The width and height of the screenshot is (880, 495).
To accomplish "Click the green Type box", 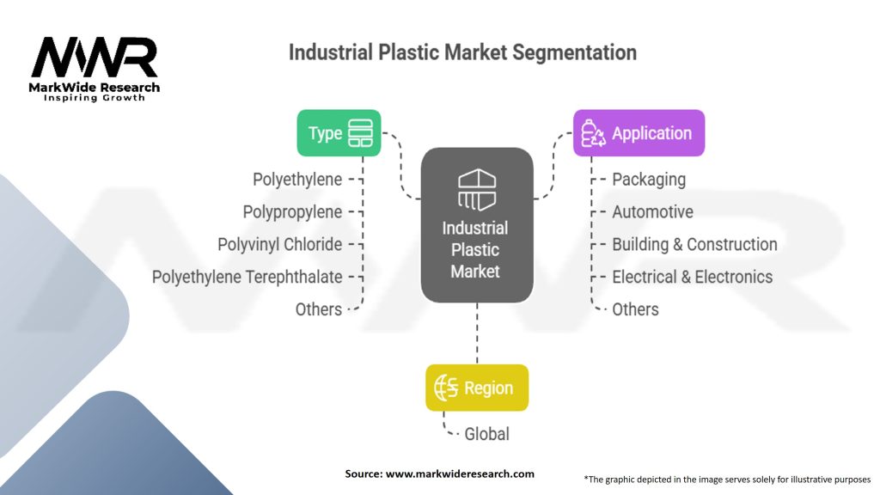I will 339,133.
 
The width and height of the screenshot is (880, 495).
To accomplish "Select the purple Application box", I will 639,133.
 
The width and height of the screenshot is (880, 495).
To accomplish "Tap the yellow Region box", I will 477,388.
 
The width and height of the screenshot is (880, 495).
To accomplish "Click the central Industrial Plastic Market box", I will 476,225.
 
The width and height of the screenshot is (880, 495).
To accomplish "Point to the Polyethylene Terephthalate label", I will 247,277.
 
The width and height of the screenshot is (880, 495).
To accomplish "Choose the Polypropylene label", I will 292,212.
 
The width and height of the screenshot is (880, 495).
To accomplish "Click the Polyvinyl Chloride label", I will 279,245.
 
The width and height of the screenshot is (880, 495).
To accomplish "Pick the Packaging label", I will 649,180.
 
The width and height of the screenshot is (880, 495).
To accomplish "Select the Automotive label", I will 652,212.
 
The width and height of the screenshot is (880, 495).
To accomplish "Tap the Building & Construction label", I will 694,245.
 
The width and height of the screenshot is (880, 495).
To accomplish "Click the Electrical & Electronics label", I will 692,277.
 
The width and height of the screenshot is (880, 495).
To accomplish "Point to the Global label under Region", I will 486,434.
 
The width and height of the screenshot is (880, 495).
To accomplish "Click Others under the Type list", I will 318,309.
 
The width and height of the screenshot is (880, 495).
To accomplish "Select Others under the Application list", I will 635,309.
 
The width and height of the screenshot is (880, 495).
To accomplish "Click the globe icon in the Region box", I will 447,388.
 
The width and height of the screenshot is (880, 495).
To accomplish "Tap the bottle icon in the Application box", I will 593,134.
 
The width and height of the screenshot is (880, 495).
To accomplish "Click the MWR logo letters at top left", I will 95,58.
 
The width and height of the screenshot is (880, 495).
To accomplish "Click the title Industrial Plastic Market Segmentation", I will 462,52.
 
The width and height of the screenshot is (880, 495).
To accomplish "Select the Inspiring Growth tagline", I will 95,98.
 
